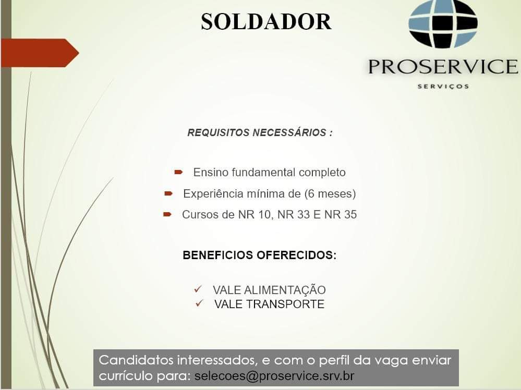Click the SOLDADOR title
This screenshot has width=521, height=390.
tap(266, 22)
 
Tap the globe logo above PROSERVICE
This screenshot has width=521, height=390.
tap(443, 24)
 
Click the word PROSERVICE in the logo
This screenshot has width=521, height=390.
tap(443, 66)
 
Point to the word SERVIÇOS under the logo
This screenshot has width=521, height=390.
tap(443, 87)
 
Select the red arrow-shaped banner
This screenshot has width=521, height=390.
tap(40, 53)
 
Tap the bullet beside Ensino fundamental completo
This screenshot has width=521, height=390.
tap(178, 172)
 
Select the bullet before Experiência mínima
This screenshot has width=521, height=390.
tap(168, 193)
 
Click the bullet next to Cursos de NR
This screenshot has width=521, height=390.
tap(167, 215)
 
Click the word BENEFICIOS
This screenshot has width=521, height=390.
tap(218, 255)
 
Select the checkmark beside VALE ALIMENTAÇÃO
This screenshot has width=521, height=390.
tap(198, 289)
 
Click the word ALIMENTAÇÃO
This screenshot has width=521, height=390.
tap(285, 289)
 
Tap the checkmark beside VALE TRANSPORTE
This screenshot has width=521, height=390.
tap(199, 303)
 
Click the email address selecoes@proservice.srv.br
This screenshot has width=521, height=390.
tap(274, 376)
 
